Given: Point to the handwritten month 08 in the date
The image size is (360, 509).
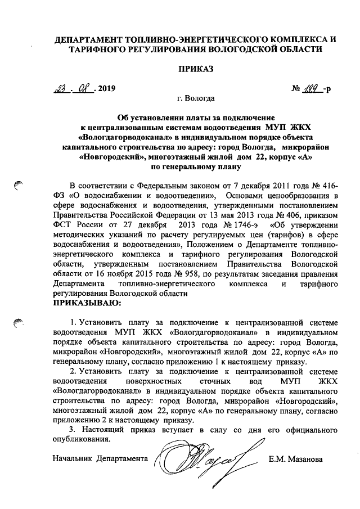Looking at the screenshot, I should pos(82,88).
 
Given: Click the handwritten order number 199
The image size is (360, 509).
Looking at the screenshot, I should pos(313,88).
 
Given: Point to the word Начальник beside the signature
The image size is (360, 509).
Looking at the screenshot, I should pos(72,459).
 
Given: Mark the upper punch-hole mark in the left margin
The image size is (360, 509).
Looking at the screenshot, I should pos(19,185).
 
